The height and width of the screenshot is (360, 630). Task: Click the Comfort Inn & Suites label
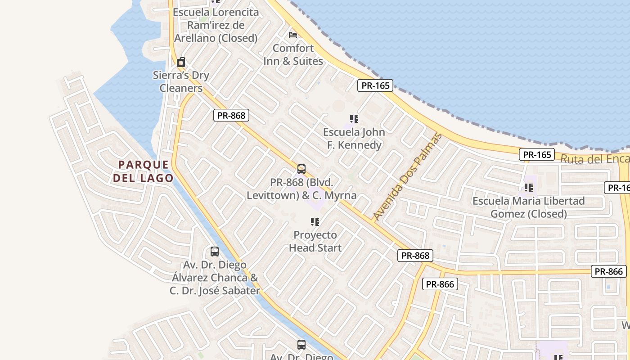pos(293,54)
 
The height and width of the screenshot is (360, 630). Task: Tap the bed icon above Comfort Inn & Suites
pos(293,35)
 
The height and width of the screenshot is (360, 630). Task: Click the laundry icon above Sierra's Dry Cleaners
pos(181,62)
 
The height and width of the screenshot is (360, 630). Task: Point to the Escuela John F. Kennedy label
pos(354,138)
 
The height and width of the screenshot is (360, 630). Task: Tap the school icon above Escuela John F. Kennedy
pos(354,119)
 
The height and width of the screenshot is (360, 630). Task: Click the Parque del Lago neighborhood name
pos(143,171)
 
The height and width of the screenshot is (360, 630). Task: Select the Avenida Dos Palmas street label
pos(408,177)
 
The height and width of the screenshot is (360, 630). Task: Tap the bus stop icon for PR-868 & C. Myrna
pos(301,169)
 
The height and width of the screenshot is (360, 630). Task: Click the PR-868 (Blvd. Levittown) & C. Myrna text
pos(301,189)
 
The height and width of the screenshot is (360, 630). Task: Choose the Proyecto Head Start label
pos(315,241)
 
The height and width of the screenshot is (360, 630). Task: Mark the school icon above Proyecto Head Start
pos(315,221)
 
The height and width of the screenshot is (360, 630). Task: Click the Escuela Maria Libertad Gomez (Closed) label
pos(529,207)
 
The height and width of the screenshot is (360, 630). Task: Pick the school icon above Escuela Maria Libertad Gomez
pos(529,187)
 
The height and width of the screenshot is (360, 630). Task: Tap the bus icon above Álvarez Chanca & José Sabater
pos(215,252)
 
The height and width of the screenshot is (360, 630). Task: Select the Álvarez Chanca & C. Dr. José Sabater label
pos(215,278)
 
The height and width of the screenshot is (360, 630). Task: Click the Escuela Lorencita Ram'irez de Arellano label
pos(216,25)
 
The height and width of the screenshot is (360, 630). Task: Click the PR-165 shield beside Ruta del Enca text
pos(537,155)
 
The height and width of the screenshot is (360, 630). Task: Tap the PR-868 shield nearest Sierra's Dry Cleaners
pos(231,116)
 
